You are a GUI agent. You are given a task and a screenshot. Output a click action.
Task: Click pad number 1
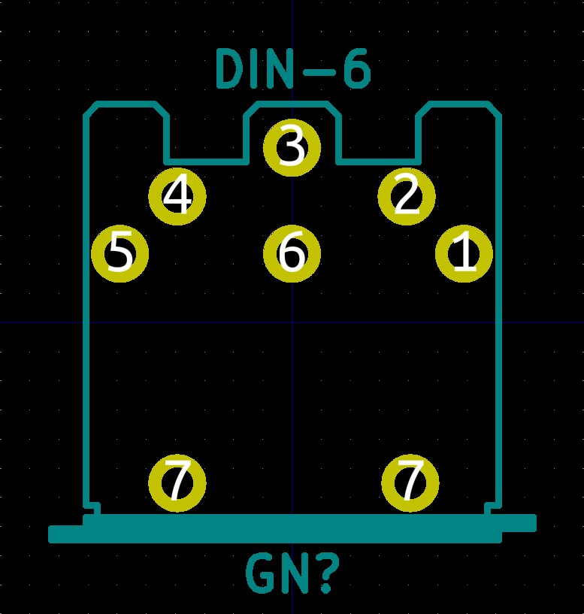pyautogui.click(x=464, y=253)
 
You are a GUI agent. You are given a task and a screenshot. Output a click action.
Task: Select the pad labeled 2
pyautogui.click(x=407, y=196)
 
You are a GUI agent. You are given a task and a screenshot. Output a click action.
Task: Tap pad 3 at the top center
pyautogui.click(x=292, y=147)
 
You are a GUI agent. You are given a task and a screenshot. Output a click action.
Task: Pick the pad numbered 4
pyautogui.click(x=177, y=196)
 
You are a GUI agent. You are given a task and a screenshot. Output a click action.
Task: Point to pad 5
pyautogui.click(x=120, y=253)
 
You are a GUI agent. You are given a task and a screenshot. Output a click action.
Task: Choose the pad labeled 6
pyautogui.click(x=292, y=253)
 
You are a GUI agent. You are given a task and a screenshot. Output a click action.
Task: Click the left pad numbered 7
pyautogui.click(x=177, y=482)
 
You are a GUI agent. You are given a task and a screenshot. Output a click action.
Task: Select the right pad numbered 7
pyautogui.click(x=410, y=482)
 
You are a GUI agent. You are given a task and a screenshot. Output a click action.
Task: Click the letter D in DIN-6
pyautogui.click(x=229, y=69)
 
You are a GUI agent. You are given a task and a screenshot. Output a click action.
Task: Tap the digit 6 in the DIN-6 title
pyautogui.click(x=356, y=69)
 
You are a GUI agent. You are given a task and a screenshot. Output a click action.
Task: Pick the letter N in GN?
pyautogui.click(x=292, y=574)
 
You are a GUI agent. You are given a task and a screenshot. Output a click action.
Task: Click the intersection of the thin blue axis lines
pyautogui.click(x=292, y=322)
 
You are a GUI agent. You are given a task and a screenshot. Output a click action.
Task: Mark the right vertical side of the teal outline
pyautogui.click(x=498, y=316)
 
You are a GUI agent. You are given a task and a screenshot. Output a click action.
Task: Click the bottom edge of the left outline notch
pyautogui.click(x=207, y=161)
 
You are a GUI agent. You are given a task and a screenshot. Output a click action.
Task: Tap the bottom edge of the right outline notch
pyautogui.click(x=378, y=161)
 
